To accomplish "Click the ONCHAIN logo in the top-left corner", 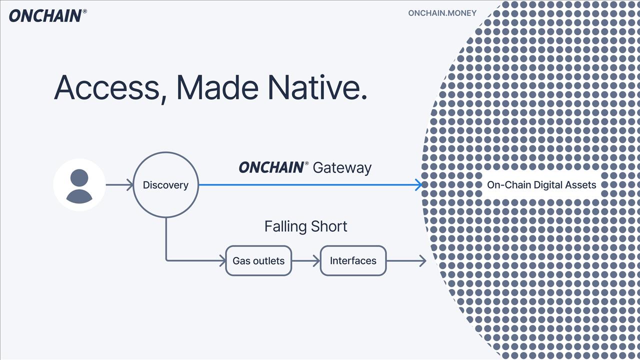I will (x=45, y=15).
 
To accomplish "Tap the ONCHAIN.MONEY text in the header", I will (x=442, y=13).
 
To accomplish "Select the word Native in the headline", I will (x=317, y=87).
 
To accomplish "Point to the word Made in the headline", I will (x=217, y=87).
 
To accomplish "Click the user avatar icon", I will (x=79, y=185).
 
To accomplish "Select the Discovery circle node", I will (x=165, y=185).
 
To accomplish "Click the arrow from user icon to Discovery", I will (x=119, y=185).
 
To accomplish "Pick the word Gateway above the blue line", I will (x=342, y=167).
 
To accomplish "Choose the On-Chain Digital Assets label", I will (x=541, y=185).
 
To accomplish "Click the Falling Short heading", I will (x=305, y=226).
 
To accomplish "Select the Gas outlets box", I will (x=258, y=260).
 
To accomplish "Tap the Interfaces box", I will (x=353, y=260).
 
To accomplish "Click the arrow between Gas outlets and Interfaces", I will (x=305, y=260).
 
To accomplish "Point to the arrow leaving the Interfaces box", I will (x=406, y=260).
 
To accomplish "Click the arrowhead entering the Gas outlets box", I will (x=222, y=260).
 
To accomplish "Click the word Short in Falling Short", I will (x=328, y=226).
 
